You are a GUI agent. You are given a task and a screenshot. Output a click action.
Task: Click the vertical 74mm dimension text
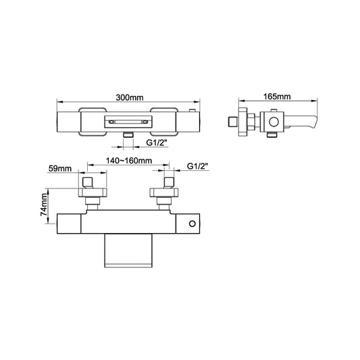45,203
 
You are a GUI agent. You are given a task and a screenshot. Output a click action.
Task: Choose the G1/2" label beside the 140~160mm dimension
200,167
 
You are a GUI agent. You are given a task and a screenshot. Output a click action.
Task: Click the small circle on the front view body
192,224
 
